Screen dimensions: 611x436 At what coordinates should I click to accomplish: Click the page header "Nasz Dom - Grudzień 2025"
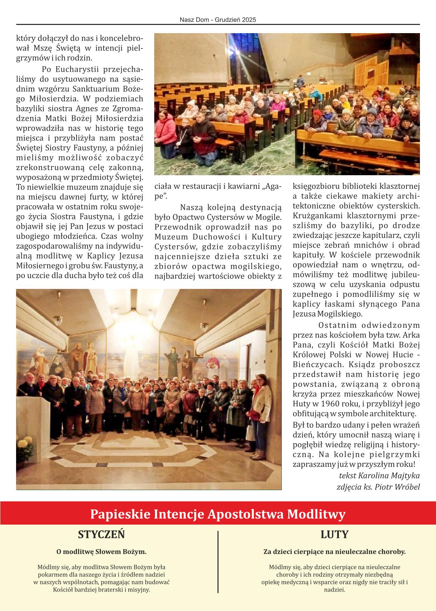[x=218, y=20]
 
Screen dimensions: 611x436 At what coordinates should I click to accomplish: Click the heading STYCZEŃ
[x=101, y=534]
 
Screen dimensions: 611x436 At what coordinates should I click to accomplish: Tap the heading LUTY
[x=334, y=534]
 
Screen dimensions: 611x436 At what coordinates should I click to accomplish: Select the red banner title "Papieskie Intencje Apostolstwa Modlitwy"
[x=218, y=514]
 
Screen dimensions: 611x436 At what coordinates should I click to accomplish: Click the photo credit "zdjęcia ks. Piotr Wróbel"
[x=378, y=487]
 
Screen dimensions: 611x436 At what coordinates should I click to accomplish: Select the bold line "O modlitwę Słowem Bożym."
[x=101, y=552]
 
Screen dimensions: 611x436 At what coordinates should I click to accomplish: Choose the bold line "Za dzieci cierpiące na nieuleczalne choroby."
[x=334, y=552]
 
